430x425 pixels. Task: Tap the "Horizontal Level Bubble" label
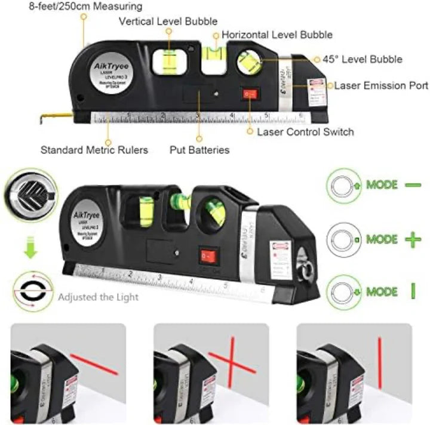coord(277,35)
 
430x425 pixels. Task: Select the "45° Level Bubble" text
coord(362,60)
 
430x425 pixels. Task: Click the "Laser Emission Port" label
coord(381,86)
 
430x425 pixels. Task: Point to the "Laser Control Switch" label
coord(305,132)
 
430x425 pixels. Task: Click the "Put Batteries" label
coord(199,150)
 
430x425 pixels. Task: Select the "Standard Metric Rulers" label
coord(94,150)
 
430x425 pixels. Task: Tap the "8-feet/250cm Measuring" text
coord(71,7)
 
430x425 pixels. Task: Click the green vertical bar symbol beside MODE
coord(412,291)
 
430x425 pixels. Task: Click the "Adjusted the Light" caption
coord(99,297)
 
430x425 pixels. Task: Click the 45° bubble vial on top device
coord(249,61)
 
